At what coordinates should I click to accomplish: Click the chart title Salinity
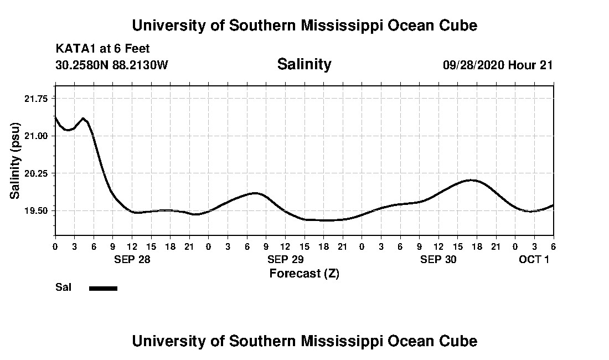[x=304, y=64]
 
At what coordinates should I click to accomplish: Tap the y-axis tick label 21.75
[x=34, y=98]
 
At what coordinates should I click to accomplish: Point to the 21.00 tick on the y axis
[x=34, y=136]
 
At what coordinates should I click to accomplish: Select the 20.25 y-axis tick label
[x=34, y=173]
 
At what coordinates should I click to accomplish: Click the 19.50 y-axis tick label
[x=34, y=211]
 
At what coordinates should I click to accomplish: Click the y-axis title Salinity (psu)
[x=16, y=160]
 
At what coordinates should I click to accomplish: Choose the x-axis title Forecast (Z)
[x=304, y=273]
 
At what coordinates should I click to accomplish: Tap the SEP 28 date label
[x=132, y=259]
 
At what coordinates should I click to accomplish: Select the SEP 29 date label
[x=285, y=259]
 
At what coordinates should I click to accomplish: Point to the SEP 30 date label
[x=438, y=259]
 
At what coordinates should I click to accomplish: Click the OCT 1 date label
[x=534, y=259]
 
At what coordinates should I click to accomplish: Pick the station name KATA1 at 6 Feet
[x=102, y=49]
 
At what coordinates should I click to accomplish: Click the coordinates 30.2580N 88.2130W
[x=111, y=65]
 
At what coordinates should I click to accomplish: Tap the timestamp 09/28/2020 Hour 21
[x=498, y=65]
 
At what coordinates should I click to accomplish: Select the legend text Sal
[x=63, y=287]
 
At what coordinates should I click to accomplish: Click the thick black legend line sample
[x=103, y=288]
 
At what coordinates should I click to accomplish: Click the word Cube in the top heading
[x=457, y=25]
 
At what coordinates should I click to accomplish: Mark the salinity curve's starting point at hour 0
[x=55, y=117]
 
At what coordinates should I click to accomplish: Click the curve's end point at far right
[x=553, y=205]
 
